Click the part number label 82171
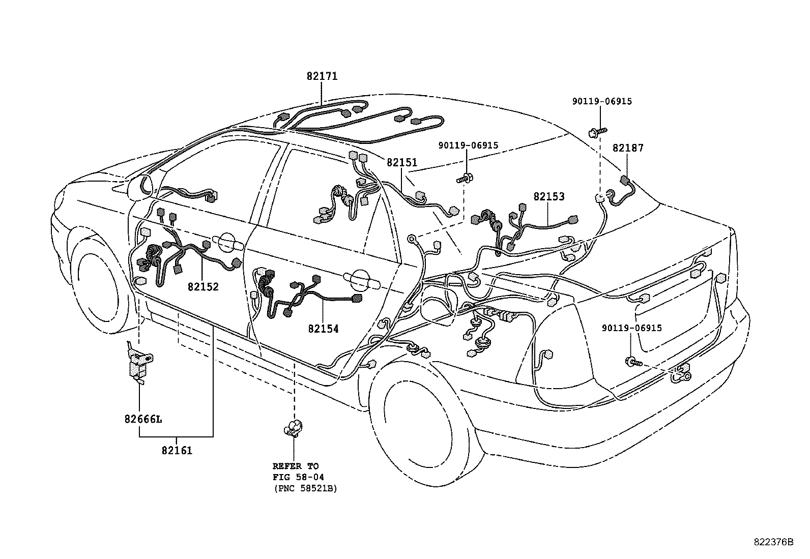click(322, 76)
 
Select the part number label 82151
click(402, 163)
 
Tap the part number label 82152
click(203, 287)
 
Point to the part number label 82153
click(549, 196)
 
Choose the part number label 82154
click(323, 329)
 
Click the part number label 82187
click(628, 148)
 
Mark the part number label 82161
click(177, 451)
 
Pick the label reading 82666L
click(143, 419)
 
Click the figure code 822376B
click(773, 542)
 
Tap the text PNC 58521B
click(306, 488)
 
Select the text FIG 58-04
click(298, 477)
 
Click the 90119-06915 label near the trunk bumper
click(632, 328)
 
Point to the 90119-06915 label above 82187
click(602, 101)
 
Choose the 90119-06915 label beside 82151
click(468, 145)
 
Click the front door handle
click(227, 243)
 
